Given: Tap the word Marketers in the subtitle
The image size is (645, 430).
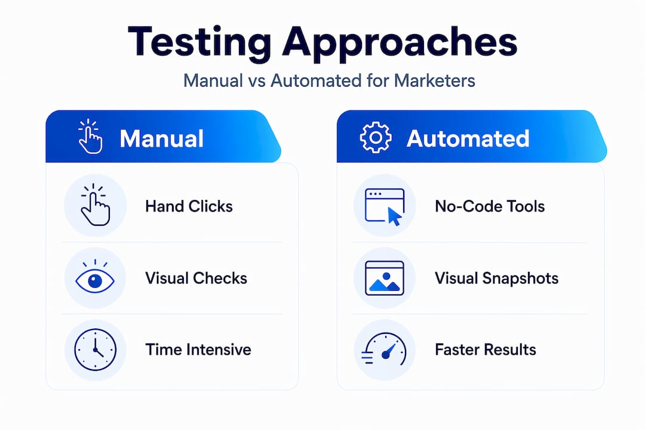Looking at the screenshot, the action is (434, 80).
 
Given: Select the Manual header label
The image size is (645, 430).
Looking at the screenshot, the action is (162, 139).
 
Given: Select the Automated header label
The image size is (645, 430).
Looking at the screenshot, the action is (468, 139).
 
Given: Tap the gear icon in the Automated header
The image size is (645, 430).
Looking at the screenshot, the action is (376, 137).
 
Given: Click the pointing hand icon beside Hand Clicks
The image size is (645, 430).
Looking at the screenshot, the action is (95, 204).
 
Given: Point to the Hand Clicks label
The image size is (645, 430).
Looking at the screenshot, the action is (189, 206).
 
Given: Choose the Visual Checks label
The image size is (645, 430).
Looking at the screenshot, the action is (196, 278).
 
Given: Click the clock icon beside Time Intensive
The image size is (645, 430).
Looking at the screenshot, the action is (95, 350).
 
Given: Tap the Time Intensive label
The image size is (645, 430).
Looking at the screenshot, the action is (198, 350).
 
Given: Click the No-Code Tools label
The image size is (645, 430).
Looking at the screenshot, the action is (490, 206).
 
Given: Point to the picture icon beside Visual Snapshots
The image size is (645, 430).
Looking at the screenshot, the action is (385, 278).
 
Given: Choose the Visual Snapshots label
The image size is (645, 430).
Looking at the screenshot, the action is (496, 278).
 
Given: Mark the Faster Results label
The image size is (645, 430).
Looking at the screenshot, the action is (486, 350).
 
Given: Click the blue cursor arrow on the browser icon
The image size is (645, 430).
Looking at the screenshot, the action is (394, 216).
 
